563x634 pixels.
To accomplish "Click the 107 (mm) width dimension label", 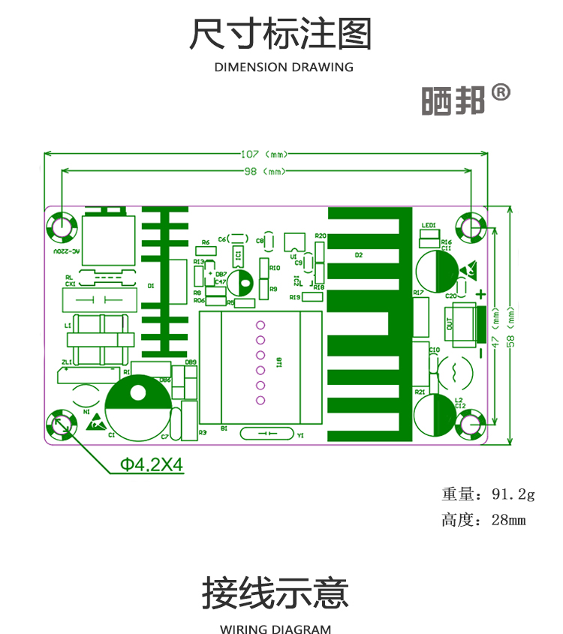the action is tap(264, 154).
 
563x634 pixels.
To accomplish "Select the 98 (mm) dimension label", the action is tap(264, 171).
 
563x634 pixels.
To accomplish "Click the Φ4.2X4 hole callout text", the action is tap(152, 464).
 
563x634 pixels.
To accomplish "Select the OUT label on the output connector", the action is tap(449, 324).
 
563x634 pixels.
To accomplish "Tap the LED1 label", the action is tap(429, 225).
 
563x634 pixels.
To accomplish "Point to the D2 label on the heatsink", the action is tap(359, 255).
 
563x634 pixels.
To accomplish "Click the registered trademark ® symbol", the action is tap(501, 92).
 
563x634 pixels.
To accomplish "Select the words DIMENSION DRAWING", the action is tap(284, 68).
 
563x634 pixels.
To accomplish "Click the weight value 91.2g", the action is tap(513, 494).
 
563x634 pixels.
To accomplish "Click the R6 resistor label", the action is tap(205, 242).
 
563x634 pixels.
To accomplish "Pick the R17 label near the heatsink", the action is tap(419, 292).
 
